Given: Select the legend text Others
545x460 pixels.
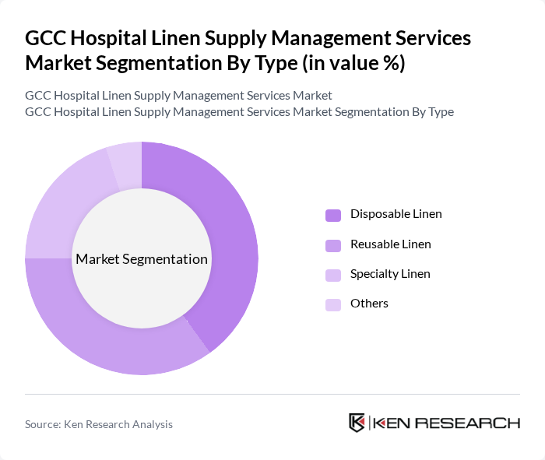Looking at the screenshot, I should (x=369, y=304).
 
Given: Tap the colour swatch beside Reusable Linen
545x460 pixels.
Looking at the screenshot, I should (x=333, y=245).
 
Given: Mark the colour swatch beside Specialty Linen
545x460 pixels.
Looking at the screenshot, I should (x=333, y=275).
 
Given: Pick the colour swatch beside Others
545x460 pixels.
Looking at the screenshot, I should (x=333, y=304).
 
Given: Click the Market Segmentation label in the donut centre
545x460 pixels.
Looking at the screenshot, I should (x=142, y=259).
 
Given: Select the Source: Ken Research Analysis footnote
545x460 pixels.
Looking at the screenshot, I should (x=99, y=424).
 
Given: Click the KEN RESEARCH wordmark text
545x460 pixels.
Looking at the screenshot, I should (x=446, y=423).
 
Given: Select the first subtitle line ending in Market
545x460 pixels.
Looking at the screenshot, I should (x=178, y=95).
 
